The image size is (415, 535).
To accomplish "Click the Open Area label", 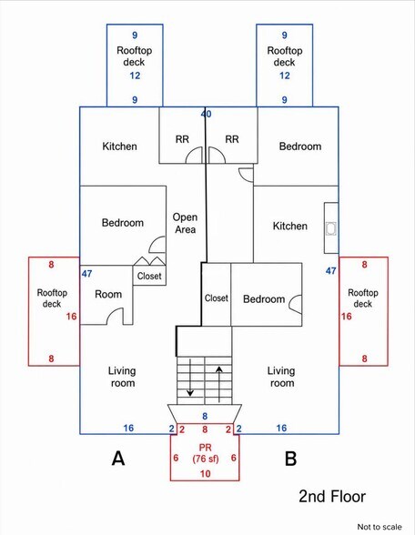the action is pos(185,223).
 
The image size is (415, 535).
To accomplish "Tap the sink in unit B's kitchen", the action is pos(331,228).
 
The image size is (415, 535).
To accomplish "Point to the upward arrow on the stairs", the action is pos(218,384).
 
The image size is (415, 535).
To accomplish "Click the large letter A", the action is pos(118,459).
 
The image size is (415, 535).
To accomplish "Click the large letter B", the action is pos(290,459).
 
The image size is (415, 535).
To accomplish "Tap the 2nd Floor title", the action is pos(332,496).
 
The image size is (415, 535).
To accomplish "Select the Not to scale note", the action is pos(380,527).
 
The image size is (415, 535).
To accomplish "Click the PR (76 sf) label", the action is pos(205,453).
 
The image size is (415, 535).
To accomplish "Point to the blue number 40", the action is pos(206,114).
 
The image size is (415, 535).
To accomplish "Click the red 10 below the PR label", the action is pos(205,473).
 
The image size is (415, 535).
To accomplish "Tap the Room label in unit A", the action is pos(108,294).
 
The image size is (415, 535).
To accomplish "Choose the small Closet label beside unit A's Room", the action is pos(149,276).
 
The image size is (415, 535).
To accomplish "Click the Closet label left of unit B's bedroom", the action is pos(217,298).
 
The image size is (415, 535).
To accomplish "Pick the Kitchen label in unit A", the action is pos(119,146).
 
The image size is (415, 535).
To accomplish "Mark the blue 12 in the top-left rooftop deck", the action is pos(135,76).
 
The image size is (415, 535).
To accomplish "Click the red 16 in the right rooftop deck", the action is pos(347,317).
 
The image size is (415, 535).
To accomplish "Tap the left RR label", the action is pos(182,139).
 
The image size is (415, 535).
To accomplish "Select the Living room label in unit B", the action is pos(281,377).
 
